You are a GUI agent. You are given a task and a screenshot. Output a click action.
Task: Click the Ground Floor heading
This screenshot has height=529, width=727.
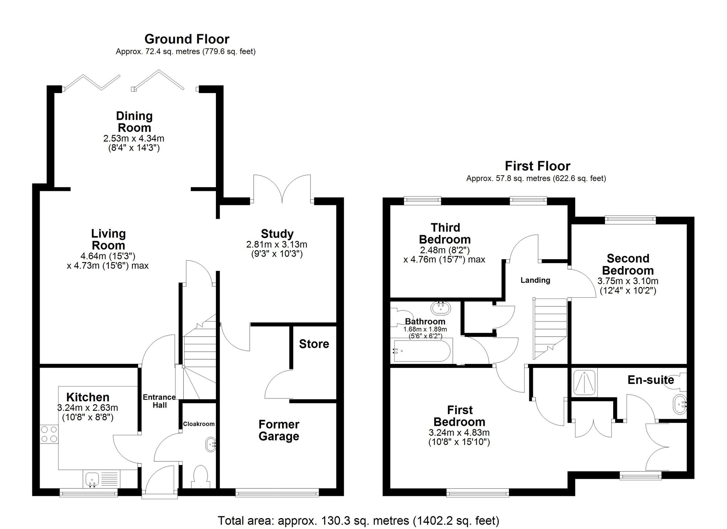click(x=187, y=39)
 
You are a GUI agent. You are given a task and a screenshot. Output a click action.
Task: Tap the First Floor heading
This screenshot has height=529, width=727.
click(x=537, y=166)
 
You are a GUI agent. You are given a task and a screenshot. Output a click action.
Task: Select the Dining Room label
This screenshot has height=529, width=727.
click(x=134, y=122)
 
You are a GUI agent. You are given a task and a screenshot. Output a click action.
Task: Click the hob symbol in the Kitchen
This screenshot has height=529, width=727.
click(x=49, y=434)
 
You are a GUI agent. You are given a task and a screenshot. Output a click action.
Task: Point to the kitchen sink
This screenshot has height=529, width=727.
click(x=92, y=479)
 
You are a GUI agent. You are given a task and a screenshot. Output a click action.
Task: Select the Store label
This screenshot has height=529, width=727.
click(x=314, y=344)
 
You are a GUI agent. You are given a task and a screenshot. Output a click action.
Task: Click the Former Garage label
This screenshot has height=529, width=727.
click(x=279, y=430)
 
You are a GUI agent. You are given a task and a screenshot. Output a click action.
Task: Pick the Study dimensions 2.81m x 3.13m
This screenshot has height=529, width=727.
click(x=277, y=245)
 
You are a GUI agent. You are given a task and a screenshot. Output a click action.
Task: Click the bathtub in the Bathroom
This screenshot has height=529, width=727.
click(x=422, y=351)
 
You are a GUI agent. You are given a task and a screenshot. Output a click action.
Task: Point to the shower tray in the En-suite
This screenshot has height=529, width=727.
click(x=585, y=383)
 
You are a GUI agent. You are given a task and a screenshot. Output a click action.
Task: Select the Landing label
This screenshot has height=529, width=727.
click(x=535, y=280)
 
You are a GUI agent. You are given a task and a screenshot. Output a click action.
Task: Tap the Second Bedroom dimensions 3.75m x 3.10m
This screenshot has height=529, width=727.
click(x=628, y=281)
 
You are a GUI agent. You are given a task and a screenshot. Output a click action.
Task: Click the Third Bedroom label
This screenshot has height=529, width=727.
click(x=445, y=233)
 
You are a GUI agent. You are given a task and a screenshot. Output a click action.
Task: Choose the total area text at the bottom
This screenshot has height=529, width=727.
click(x=358, y=521)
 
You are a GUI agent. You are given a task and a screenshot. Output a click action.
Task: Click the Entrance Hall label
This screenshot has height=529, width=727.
click(x=159, y=401)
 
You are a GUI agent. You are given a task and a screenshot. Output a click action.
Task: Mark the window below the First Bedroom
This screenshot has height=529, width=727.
click(x=478, y=493)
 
